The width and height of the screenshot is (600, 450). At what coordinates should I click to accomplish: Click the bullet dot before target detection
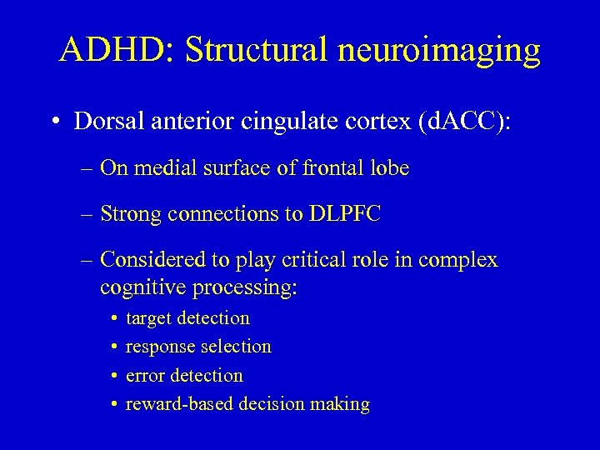[x=112, y=318]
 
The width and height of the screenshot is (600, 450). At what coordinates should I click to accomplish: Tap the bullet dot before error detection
[x=112, y=376]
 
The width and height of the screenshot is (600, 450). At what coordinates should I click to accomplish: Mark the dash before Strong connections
[x=87, y=215]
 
